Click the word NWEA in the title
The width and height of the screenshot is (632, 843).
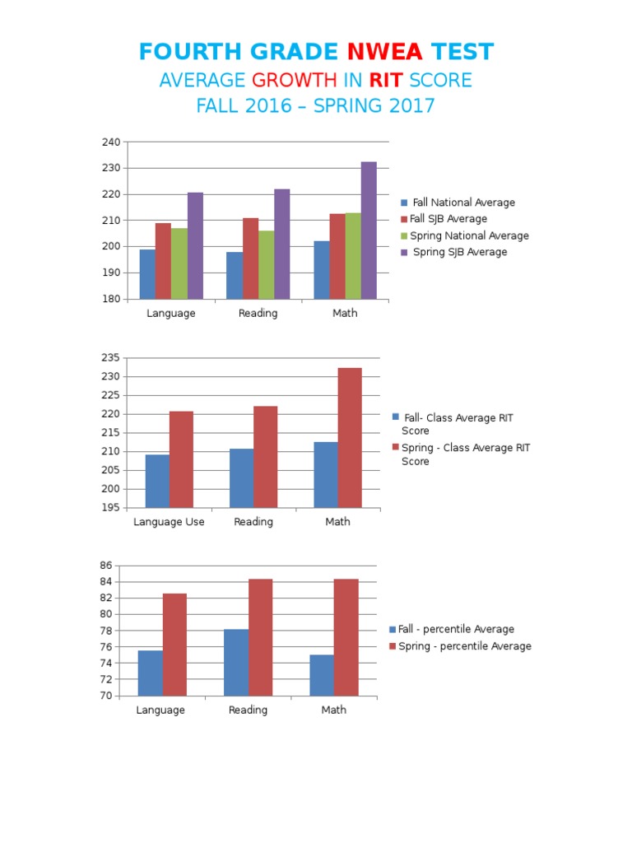coord(385,52)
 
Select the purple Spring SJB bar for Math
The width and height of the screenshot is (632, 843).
coord(369,231)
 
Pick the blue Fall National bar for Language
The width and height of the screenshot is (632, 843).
coord(147,273)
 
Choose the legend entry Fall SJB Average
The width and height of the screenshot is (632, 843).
coord(448,219)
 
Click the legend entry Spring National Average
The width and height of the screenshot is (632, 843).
coord(469,235)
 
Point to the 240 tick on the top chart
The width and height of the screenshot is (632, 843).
coord(111,142)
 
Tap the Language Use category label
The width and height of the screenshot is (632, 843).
coord(169,522)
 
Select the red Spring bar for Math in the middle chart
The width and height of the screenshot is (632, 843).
coord(350,438)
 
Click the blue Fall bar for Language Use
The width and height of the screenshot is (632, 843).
coord(157,481)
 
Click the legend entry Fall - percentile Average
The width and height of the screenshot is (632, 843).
coord(456,629)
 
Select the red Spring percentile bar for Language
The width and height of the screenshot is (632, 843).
coord(174,644)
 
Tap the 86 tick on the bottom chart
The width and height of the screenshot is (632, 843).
coord(105,566)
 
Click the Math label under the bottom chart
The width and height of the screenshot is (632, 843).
coord(334,710)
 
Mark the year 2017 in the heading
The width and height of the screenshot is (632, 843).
coord(408,106)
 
